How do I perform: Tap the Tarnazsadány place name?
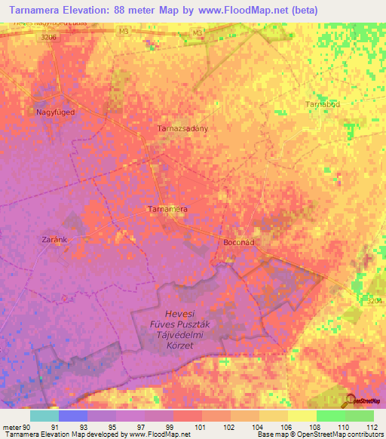[182, 128]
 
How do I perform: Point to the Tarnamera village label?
[167, 208]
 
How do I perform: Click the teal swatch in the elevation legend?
[44, 416]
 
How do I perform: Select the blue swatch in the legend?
[73, 416]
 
